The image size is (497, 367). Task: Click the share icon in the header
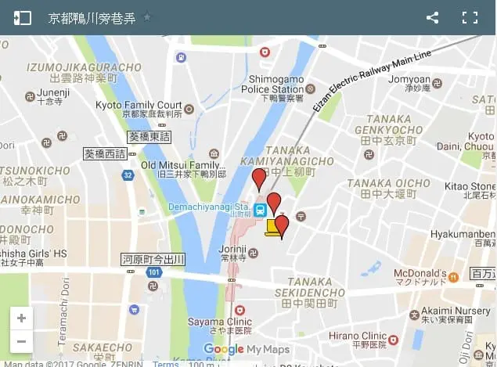click(x=432, y=17)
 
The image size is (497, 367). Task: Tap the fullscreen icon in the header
click(x=470, y=17)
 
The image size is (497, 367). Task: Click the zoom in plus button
click(x=21, y=318)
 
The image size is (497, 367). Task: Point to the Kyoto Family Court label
click(x=139, y=105)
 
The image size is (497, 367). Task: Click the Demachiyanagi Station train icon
click(x=260, y=210)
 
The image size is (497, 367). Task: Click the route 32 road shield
click(x=128, y=175)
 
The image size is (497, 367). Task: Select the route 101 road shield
click(x=154, y=272)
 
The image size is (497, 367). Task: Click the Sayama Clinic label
click(x=219, y=321)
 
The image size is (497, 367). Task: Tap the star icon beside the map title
click(x=147, y=17)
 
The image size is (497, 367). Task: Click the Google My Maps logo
click(x=246, y=350)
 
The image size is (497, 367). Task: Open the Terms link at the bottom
click(x=165, y=364)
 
